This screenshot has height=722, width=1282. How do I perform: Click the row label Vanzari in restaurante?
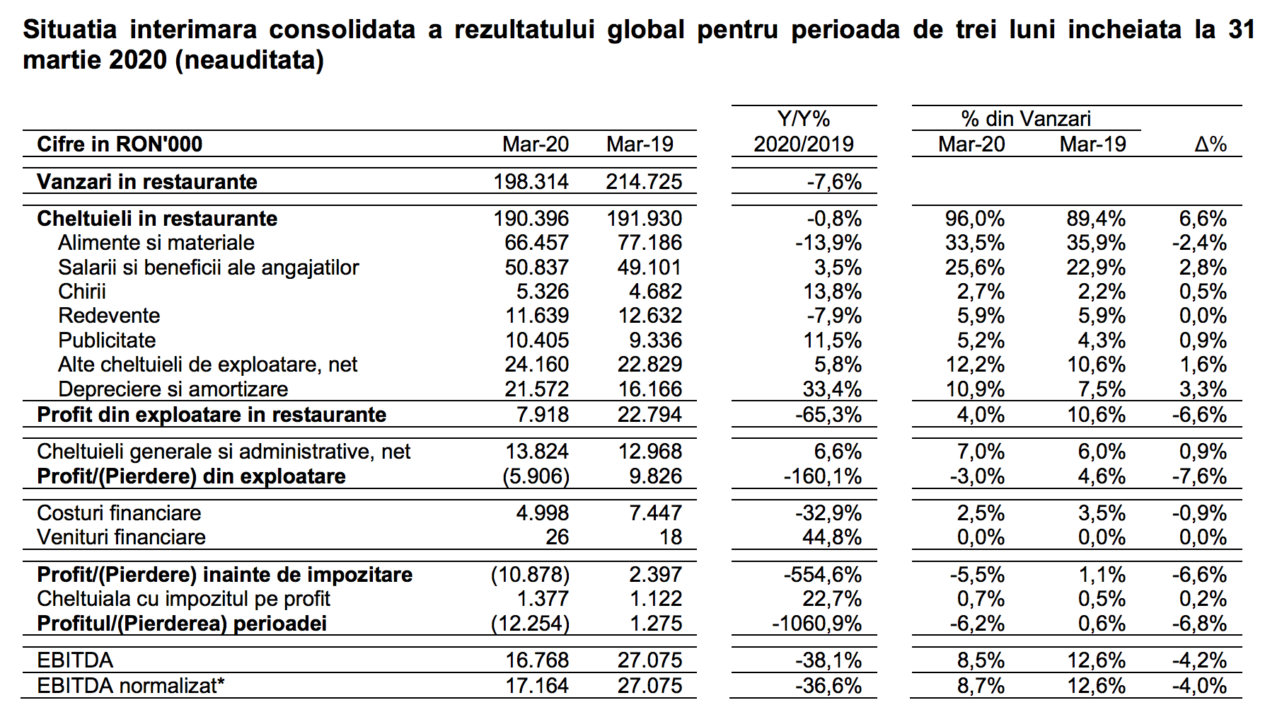pos(147,182)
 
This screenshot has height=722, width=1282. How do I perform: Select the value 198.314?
pos(531,182)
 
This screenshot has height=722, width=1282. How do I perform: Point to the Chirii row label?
pos(82,292)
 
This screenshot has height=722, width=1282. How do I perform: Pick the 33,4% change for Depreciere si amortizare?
pos(832,389)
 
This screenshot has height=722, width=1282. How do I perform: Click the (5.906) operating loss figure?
pos(536,476)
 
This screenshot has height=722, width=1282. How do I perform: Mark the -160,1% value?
pos(822,476)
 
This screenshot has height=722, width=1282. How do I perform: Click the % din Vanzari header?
pos(1026,119)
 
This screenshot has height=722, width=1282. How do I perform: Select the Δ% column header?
pos(1211,144)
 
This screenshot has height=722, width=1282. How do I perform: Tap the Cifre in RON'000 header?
pos(120,144)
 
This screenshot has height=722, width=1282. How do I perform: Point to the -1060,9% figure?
pos(816,624)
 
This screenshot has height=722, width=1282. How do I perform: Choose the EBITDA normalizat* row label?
pos(131,685)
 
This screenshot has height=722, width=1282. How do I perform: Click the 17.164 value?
pos(537,685)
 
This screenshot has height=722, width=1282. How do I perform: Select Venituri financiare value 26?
pos(557,537)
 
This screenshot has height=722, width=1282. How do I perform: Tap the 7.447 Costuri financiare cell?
pos(655,513)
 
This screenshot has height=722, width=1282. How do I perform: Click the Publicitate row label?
pos(107,340)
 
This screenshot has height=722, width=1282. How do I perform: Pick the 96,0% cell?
pos(974,219)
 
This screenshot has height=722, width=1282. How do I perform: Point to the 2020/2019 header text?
pos(803,144)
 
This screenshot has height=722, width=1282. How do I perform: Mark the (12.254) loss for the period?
pos(530,624)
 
